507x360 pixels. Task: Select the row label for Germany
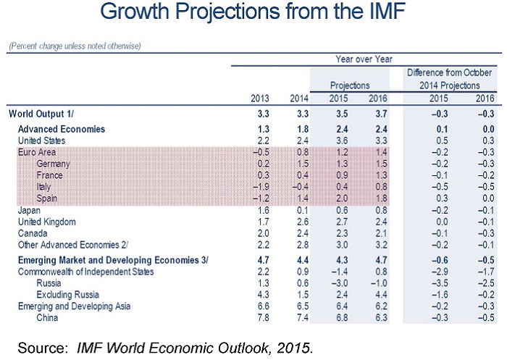(x=52, y=164)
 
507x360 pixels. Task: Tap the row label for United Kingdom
(x=48, y=222)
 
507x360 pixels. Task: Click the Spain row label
(x=47, y=198)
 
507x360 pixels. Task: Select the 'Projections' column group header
(x=351, y=85)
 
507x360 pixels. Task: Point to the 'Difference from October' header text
(x=450, y=73)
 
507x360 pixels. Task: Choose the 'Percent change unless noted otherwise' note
(x=75, y=46)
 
